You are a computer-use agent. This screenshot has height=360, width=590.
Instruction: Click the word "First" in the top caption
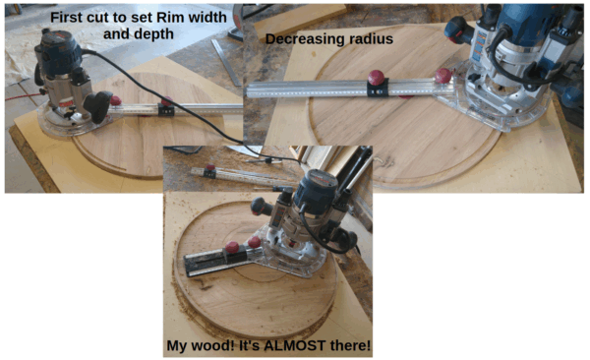point(67,18)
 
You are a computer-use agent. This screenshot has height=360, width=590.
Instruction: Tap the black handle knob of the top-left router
point(97,106)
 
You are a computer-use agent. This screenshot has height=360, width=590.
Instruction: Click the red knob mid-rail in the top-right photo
point(377,78)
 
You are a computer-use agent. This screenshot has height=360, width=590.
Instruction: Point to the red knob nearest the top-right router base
point(443,76)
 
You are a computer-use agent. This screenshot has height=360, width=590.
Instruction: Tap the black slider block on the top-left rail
point(166,110)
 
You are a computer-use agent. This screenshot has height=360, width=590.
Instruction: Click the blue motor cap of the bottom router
point(316,188)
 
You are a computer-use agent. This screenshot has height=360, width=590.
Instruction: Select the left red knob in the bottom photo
point(232,248)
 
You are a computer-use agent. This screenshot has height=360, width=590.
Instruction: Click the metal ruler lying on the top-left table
point(226,62)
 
